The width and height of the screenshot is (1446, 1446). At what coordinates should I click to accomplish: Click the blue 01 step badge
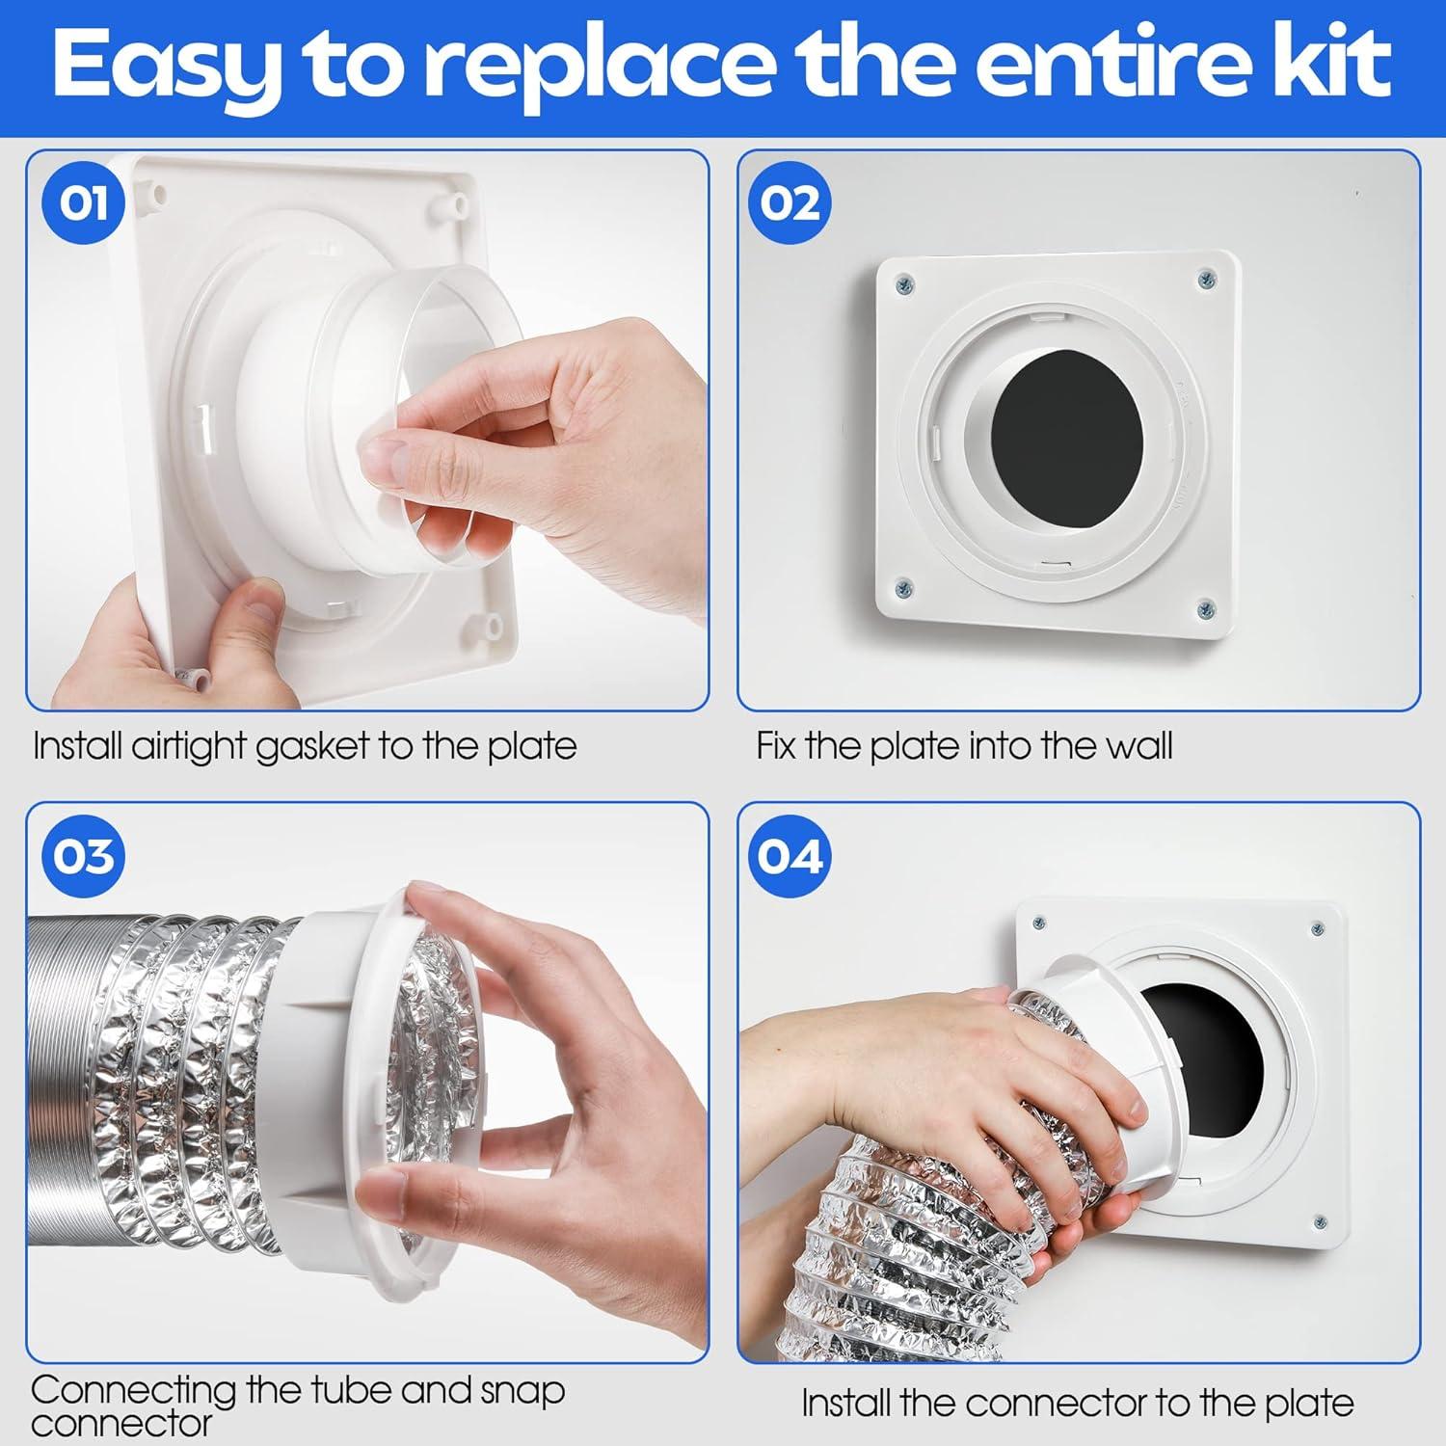pyautogui.click(x=84, y=204)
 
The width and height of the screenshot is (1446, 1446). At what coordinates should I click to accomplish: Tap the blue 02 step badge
pyautogui.click(x=790, y=204)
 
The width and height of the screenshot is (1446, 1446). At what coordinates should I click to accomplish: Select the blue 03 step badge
pyautogui.click(x=84, y=856)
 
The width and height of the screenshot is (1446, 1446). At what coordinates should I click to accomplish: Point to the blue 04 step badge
pyautogui.click(x=790, y=856)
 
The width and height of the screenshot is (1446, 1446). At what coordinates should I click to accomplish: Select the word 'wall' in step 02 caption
pyautogui.click(x=1138, y=747)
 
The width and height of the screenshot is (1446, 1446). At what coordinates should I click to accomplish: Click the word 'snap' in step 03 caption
pyautogui.click(x=522, y=1389)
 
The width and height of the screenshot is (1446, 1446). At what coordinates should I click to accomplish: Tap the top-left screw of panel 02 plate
pyautogui.click(x=904, y=283)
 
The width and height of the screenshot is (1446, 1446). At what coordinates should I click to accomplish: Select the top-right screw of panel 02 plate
pyautogui.click(x=1207, y=280)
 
